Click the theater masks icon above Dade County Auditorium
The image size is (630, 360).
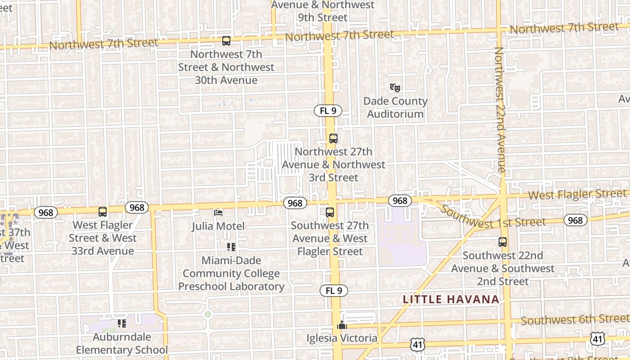click(395, 87)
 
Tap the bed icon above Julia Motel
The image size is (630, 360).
click(218, 212)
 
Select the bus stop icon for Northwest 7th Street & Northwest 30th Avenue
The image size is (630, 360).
click(226, 41)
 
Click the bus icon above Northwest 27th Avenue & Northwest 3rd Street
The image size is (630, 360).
click(333, 139)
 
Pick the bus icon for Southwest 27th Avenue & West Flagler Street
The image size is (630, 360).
click(330, 212)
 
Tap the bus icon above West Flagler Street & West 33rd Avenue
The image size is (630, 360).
click(103, 212)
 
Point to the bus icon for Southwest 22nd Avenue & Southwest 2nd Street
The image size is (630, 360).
click(503, 242)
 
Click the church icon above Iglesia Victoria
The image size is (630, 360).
click(342, 324)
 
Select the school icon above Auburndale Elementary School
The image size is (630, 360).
click(121, 323)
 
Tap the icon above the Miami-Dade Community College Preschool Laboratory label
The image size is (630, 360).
click(231, 247)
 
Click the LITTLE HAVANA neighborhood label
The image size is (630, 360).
click(451, 299)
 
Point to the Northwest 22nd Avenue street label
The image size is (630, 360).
click(500, 110)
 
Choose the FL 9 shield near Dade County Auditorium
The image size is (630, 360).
click(328, 111)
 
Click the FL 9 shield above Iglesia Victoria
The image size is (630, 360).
click(334, 291)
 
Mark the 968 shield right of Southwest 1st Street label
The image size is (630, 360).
click(575, 220)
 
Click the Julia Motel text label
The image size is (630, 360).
click(218, 226)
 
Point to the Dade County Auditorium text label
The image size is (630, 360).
click(395, 108)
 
